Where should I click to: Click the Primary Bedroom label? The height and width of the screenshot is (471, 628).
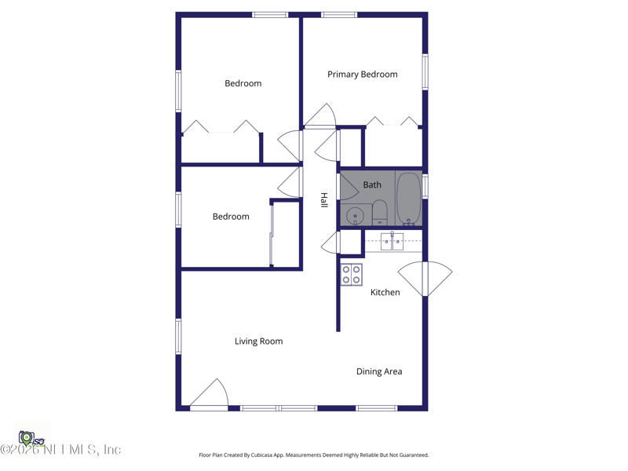362,75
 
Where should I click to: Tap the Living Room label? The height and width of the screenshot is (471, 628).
258,341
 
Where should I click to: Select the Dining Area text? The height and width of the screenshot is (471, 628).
379,372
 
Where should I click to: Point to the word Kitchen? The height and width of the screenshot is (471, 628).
385,293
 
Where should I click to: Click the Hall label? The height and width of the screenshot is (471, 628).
323,200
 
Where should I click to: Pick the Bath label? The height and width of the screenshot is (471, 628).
372,185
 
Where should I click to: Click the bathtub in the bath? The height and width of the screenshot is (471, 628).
408,199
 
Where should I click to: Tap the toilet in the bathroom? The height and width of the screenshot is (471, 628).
380,212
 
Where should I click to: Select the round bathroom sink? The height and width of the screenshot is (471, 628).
356,216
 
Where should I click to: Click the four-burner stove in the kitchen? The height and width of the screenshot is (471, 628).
351,275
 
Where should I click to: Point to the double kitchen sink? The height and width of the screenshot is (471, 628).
392,242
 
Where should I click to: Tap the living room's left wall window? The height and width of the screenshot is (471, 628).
179,336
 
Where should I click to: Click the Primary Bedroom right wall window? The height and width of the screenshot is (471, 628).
425,71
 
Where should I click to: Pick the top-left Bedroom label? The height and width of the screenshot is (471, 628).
243,83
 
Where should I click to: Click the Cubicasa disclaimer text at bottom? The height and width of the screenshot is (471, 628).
314,455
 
